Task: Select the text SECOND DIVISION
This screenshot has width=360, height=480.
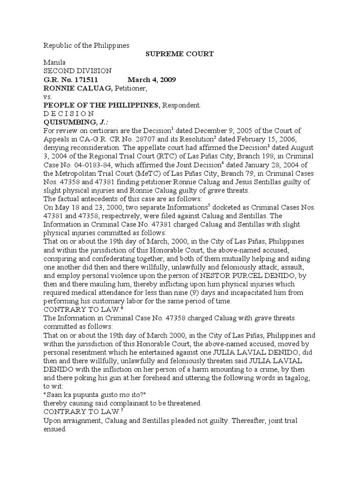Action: pos(77,71)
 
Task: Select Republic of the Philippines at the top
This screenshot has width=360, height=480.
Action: pos(86,45)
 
